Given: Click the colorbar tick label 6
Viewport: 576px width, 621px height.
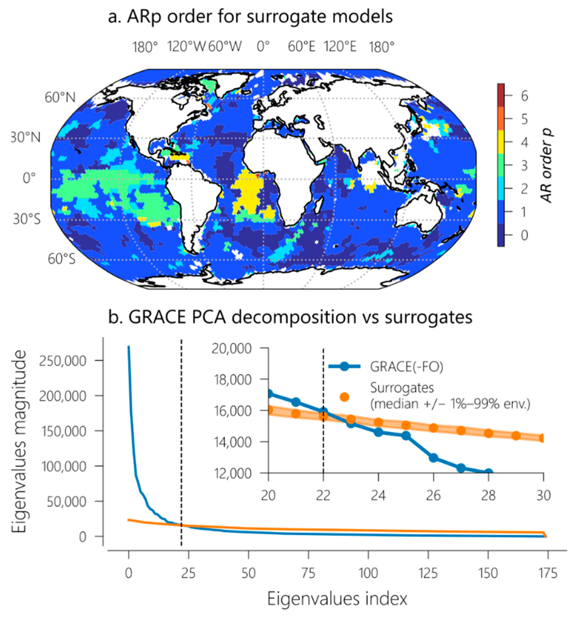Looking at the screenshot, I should (524, 96).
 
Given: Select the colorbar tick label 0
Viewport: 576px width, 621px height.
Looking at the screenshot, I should (524, 235).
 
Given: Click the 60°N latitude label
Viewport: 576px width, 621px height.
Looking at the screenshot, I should (60, 98).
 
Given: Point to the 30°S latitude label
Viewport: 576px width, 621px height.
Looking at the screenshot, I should (27, 219).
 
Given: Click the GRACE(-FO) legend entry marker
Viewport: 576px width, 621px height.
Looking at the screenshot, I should (344, 366).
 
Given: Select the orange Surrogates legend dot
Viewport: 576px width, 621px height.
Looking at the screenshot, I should (344, 397).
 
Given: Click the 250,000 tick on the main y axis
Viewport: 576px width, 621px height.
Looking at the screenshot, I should (62, 361).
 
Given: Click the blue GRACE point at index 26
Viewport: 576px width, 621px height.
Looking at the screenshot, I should (433, 458).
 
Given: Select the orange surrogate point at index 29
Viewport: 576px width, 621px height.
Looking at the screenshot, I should (516, 435).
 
